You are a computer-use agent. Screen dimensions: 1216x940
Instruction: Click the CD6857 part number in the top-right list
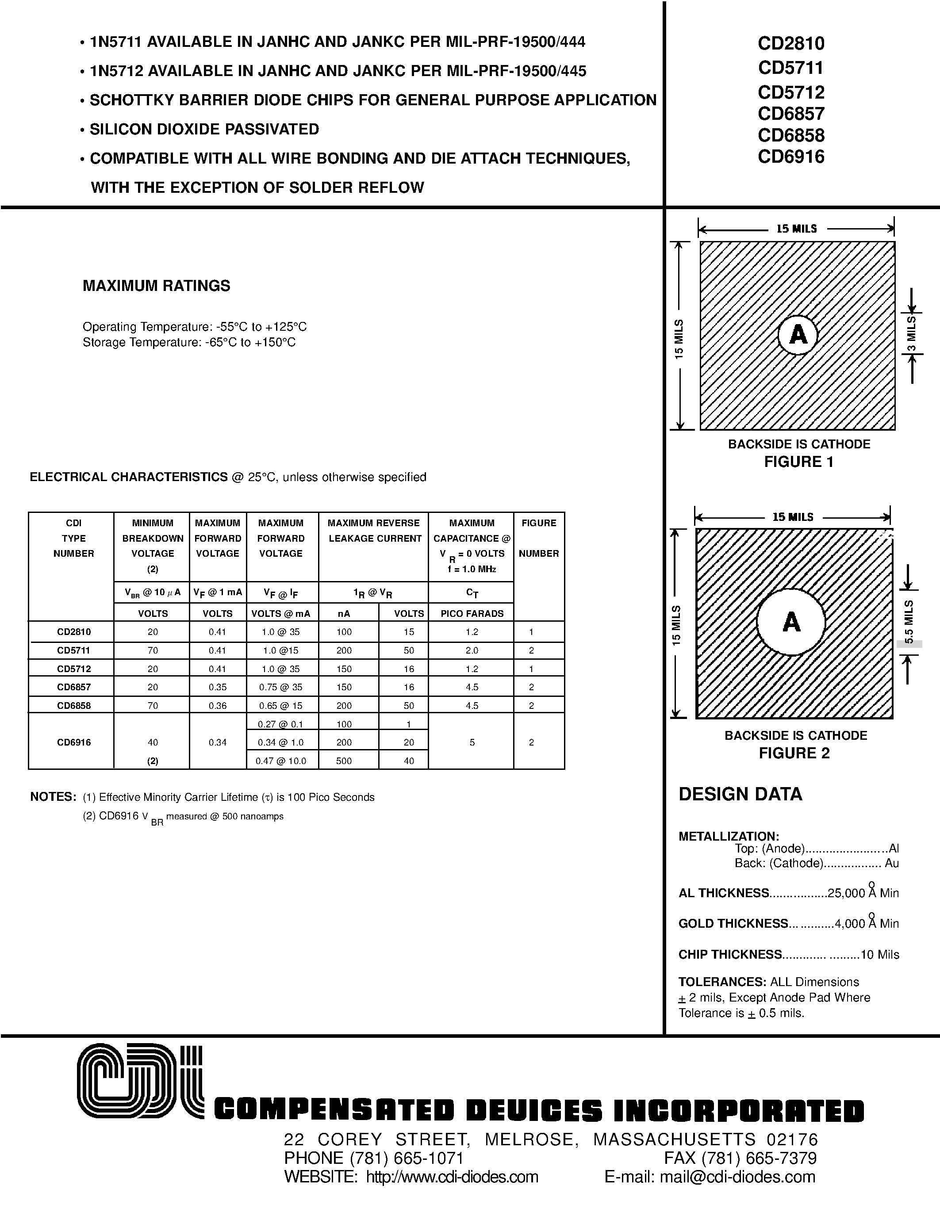pyautogui.click(x=791, y=114)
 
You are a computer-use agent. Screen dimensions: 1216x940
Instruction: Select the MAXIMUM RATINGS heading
pyautogui.click(x=157, y=286)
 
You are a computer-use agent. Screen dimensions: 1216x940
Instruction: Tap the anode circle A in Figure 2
pyautogui.click(x=791, y=621)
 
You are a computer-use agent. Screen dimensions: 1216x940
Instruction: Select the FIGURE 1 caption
pyautogui.click(x=798, y=462)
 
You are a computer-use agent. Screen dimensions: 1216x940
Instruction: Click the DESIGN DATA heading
pyautogui.click(x=740, y=794)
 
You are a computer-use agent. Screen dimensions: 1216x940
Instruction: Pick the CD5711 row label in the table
pyautogui.click(x=73, y=650)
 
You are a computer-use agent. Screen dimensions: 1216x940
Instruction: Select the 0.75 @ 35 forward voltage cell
pyautogui.click(x=281, y=687)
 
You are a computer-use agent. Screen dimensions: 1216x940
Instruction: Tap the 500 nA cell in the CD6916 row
pyautogui.click(x=344, y=761)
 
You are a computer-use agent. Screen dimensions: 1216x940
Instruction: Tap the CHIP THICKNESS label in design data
pyautogui.click(x=730, y=954)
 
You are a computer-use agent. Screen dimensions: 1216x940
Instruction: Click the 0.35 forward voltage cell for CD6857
pyautogui.click(x=218, y=687)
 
